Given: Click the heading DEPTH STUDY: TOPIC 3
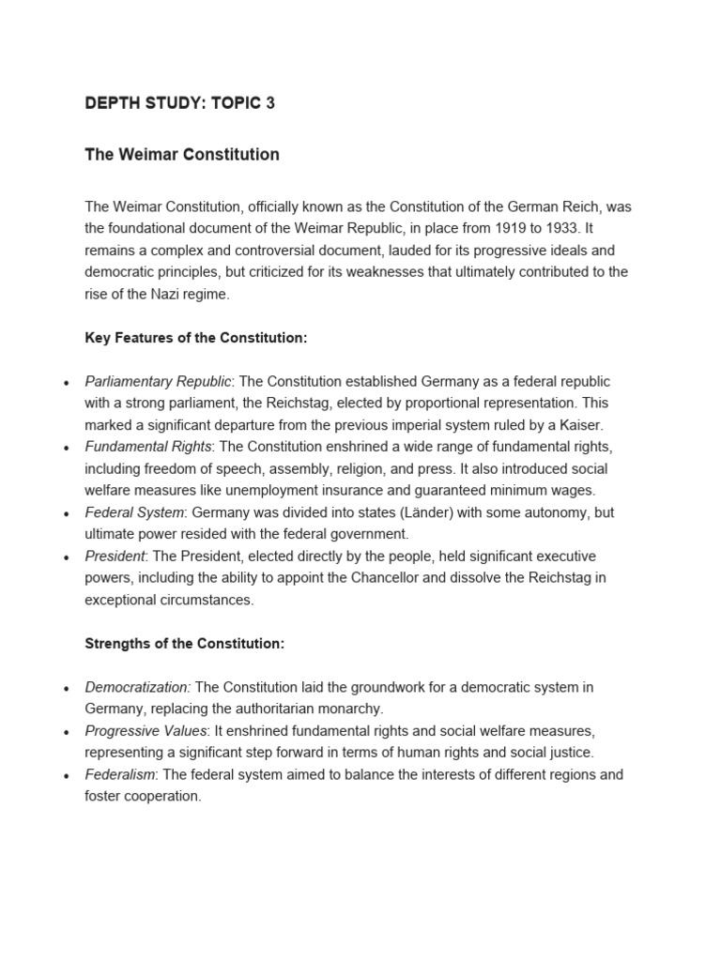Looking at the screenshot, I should click(179, 103).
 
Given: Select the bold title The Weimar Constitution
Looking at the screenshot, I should click(182, 155).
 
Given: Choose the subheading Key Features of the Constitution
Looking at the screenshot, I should click(196, 338).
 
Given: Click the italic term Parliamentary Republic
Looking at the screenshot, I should click(158, 381).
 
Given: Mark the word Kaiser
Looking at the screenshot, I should click(581, 425).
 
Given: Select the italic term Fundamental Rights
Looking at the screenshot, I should click(148, 447).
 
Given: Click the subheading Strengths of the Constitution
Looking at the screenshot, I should click(185, 644).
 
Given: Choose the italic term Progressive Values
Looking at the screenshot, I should click(146, 730).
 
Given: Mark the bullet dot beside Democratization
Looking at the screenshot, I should click(65, 689).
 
